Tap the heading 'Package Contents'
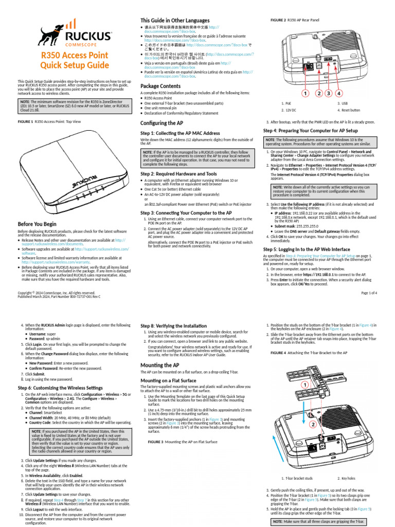160,85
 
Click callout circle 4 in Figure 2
339,94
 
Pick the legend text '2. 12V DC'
289,110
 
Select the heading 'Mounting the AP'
160,365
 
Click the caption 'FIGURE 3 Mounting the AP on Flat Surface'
183,442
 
